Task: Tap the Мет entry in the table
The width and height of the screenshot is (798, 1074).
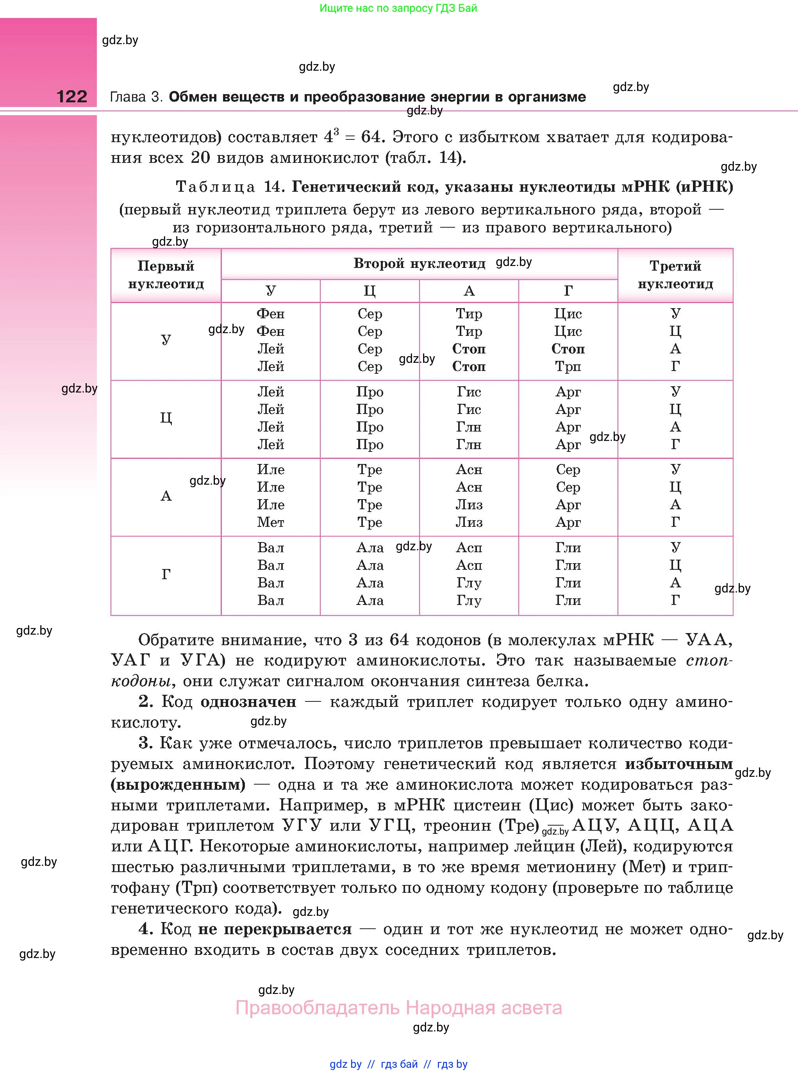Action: click(271, 522)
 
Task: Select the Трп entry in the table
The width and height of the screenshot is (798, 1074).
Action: click(568, 367)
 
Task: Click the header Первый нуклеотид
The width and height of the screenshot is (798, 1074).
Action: click(166, 275)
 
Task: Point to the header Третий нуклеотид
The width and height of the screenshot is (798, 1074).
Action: click(675, 275)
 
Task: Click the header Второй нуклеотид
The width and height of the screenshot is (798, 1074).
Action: click(419, 264)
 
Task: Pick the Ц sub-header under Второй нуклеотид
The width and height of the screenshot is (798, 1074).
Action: click(370, 291)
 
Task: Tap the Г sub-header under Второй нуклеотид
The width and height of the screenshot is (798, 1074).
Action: click(568, 291)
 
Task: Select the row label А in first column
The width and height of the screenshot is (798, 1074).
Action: click(166, 496)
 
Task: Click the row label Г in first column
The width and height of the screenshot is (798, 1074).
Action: click(166, 574)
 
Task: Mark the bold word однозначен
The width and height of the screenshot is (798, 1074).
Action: click(248, 702)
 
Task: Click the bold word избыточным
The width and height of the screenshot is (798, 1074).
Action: click(679, 764)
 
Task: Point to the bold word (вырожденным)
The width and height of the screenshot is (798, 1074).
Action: click(178, 785)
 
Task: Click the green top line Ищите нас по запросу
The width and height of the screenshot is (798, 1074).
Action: click(398, 8)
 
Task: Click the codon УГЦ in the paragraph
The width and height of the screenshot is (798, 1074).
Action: click(389, 826)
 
